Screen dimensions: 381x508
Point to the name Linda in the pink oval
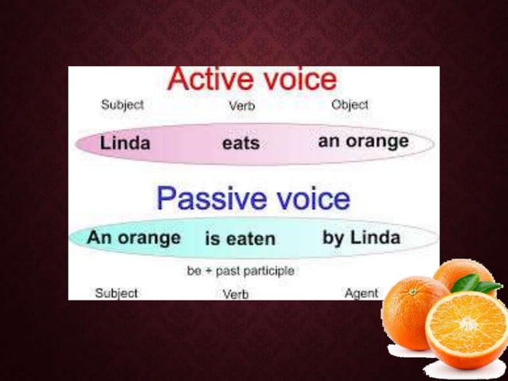coord(125,144)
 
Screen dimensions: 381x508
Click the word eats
coord(240,144)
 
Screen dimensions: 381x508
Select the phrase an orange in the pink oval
coord(363,142)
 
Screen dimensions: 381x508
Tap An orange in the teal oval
coord(134,238)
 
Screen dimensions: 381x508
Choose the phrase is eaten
coord(240,238)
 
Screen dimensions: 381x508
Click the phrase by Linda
coord(361,238)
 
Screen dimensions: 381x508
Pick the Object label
coord(350,104)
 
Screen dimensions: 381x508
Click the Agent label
coord(361,293)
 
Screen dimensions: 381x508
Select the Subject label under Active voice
coord(123,104)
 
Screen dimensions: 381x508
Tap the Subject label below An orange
coord(116,293)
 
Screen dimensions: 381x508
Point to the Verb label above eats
coord(241,105)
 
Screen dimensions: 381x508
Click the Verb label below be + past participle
coord(236,294)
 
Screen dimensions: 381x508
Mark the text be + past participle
coord(240,271)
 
